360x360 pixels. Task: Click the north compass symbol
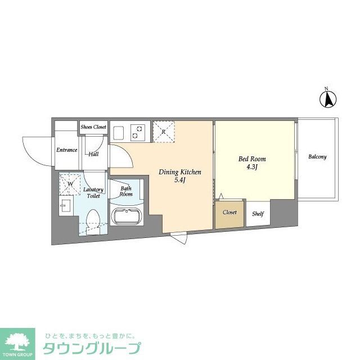pos(328,99)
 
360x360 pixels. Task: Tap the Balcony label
pos(317,156)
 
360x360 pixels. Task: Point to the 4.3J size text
pos(252,167)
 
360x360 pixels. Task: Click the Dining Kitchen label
pos(179,172)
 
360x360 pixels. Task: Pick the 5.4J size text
pos(180,180)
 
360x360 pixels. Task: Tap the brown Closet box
pos(229,213)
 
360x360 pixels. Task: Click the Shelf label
pos(258,213)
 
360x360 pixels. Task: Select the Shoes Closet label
pos(93,127)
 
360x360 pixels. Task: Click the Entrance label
pos(66,150)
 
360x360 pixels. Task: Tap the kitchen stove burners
pos(137,133)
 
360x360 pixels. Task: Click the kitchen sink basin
pos(119,133)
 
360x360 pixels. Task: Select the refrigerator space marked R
pos(163,132)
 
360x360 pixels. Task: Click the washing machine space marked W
pos(70,183)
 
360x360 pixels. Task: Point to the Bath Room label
pos(125,191)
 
